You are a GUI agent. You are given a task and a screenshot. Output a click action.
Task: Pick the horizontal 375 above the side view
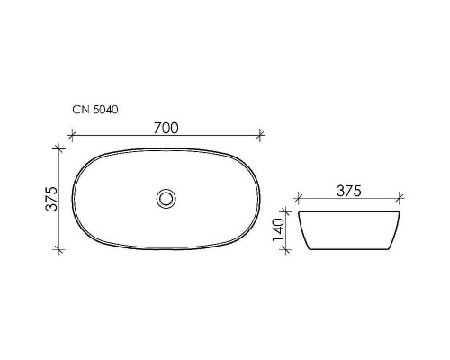click(x=348, y=190)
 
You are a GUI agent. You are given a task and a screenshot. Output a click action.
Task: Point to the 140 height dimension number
click(x=279, y=231)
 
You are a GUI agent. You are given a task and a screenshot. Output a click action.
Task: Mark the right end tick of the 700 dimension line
click(x=260, y=138)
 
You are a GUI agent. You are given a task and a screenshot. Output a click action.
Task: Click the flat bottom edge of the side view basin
click(x=348, y=250)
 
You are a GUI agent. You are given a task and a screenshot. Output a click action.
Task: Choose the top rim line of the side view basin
click(x=348, y=212)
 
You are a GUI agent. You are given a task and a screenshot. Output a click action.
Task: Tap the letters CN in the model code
click(x=78, y=109)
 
